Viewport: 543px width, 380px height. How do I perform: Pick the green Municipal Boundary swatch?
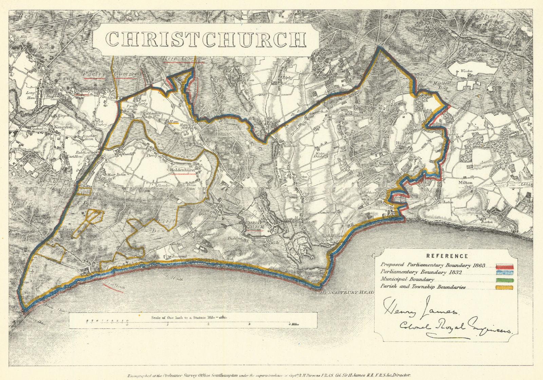505,280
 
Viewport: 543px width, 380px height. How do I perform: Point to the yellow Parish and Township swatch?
505,288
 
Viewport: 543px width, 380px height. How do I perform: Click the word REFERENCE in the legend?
447,256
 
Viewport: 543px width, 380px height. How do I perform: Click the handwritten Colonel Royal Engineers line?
455,328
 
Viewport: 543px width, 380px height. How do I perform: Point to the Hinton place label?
403,143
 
